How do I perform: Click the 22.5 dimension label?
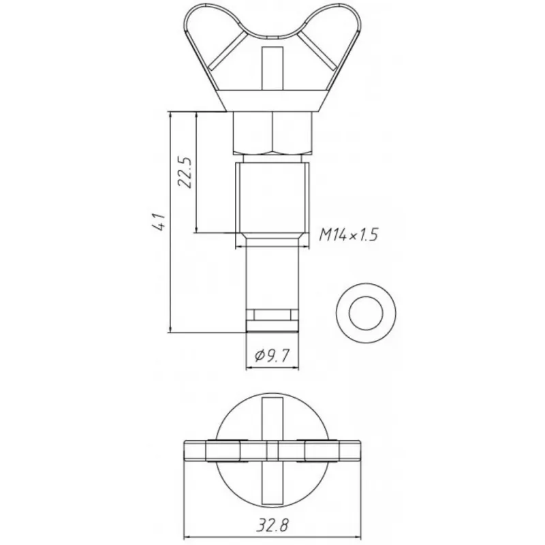[x=185, y=172]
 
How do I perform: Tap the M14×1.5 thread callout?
[x=348, y=235]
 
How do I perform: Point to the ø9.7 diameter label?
[x=272, y=355]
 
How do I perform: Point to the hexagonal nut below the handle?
[x=273, y=132]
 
